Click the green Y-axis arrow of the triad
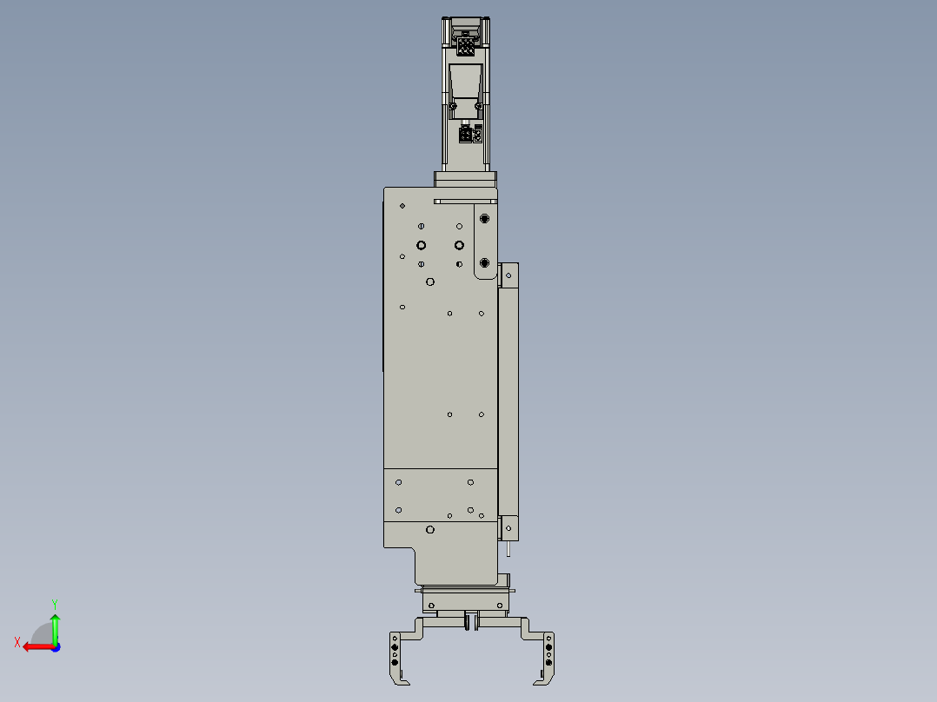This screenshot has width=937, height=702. point(55,626)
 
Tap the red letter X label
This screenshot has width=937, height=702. point(17,642)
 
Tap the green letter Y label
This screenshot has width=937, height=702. point(54,602)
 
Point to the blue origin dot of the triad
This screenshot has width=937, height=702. point(55,646)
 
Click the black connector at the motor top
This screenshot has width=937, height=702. point(466,45)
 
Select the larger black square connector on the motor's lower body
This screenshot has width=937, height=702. point(465,135)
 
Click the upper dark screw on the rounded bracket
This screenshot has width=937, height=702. point(484,219)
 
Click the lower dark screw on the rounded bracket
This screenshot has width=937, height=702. point(484,262)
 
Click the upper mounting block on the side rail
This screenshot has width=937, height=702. point(510,275)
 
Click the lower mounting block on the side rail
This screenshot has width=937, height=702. point(509,526)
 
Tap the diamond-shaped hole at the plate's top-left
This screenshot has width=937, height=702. point(402,206)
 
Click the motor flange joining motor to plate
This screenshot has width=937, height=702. point(466,178)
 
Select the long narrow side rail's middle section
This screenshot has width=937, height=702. point(508,400)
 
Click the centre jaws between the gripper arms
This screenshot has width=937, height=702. point(471,620)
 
